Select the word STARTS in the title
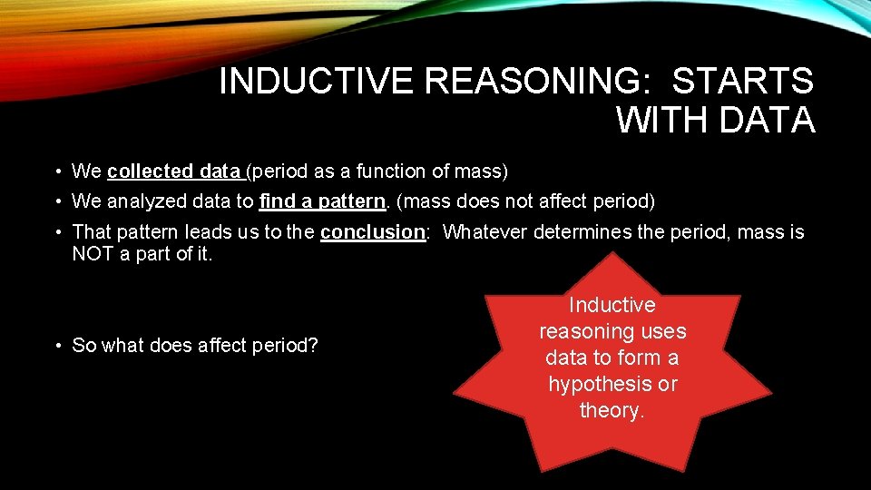click(743, 82)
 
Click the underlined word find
click(276, 201)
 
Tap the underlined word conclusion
click(373, 232)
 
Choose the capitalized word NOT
click(92, 255)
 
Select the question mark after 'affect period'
click(313, 345)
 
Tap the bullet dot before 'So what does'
click(56, 346)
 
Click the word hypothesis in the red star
click(613, 384)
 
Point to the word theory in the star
click(611, 410)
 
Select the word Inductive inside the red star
click(612, 306)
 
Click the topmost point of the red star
click(614, 253)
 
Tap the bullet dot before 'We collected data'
click(56, 171)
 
